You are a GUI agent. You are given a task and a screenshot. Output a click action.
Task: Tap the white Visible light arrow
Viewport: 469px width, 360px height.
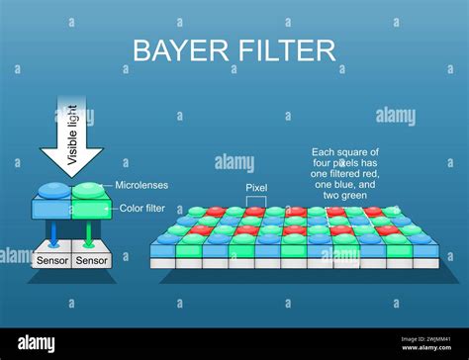[x=72, y=139]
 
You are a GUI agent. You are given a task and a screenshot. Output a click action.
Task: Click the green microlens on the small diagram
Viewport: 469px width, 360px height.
[x=88, y=190]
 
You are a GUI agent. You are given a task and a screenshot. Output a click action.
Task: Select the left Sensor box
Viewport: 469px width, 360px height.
[x=51, y=260]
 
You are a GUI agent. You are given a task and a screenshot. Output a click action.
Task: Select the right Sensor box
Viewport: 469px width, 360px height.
[x=91, y=260]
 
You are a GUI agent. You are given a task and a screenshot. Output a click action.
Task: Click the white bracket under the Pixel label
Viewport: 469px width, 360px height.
[x=257, y=198]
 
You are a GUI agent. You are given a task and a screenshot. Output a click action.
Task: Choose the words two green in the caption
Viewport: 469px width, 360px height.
[x=346, y=195]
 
